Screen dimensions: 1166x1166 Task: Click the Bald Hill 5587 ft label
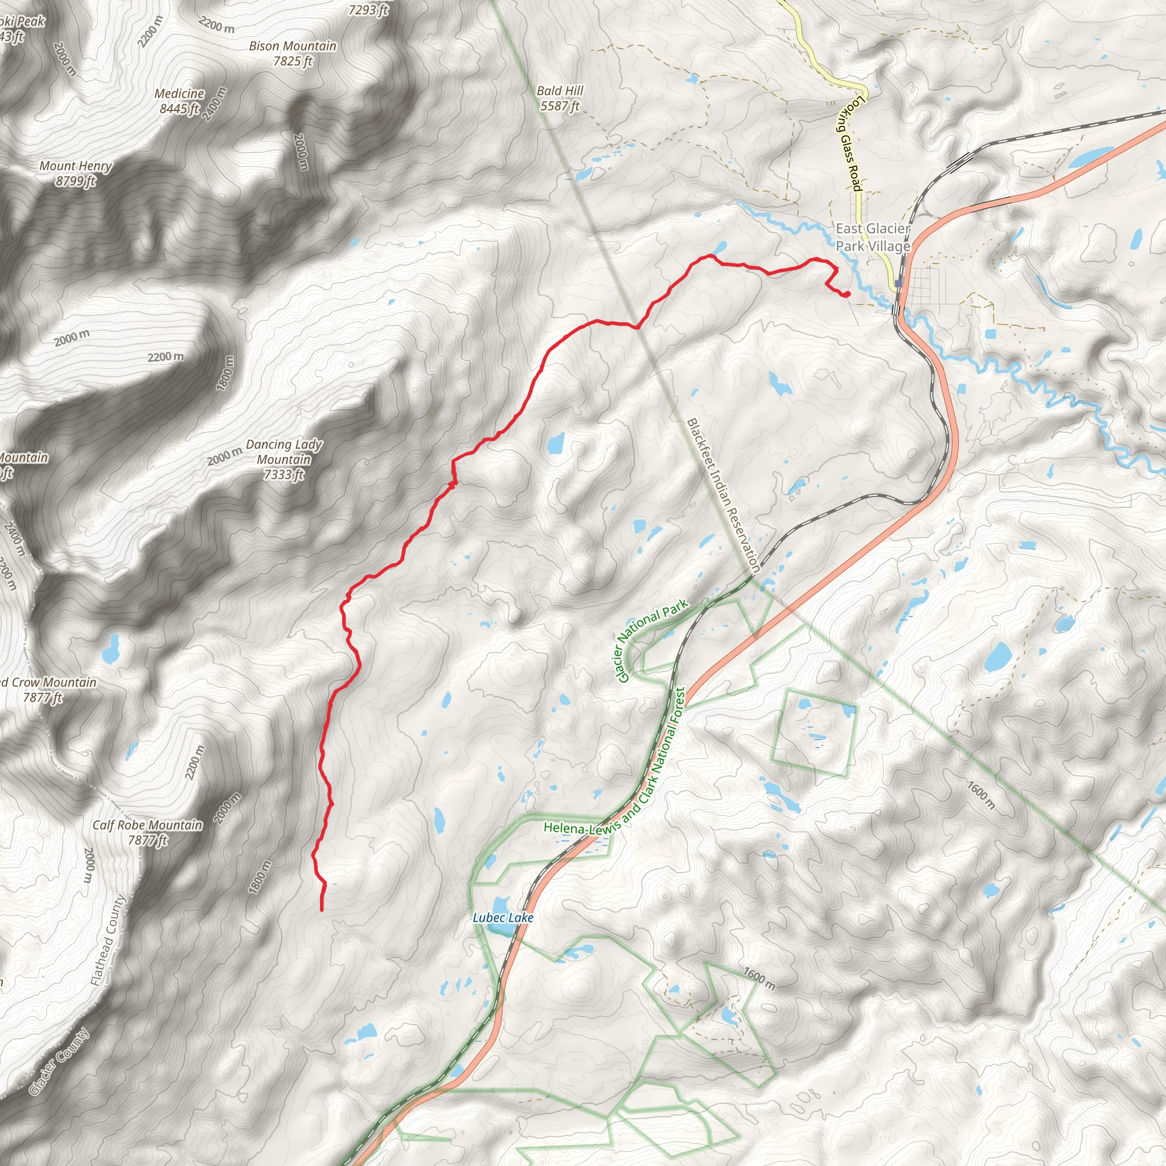(x=560, y=98)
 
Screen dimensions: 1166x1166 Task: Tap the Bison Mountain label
(x=293, y=53)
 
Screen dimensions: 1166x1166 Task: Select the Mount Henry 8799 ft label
(x=76, y=173)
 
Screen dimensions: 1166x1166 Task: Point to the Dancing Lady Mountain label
(x=284, y=459)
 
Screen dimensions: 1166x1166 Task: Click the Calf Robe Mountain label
(x=147, y=832)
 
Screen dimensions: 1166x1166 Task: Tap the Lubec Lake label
(x=503, y=918)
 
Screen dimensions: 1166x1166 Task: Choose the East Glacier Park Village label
(x=873, y=237)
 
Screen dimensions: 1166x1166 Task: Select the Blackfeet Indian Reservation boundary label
(x=723, y=495)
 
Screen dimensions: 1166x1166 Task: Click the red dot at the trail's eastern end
(x=847, y=294)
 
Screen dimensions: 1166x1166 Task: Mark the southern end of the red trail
(x=322, y=909)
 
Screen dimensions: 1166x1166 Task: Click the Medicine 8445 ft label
(x=179, y=101)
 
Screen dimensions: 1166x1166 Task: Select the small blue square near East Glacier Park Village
(x=898, y=283)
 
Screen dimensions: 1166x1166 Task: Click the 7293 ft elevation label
(x=368, y=9)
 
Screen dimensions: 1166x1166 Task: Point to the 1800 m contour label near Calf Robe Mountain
(x=260, y=877)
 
